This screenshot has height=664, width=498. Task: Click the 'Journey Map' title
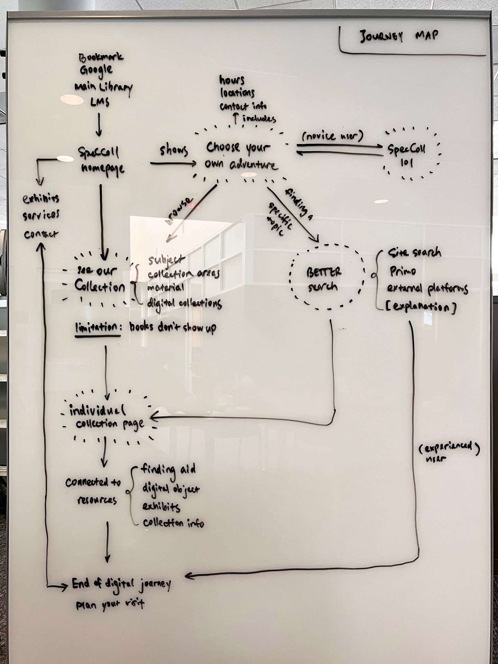399,36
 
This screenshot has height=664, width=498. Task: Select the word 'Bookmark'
101,57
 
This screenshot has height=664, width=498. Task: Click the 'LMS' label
100,102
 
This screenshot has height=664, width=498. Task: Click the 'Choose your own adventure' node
241,156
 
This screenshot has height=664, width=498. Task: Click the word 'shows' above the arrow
174,151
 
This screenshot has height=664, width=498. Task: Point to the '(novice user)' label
333,136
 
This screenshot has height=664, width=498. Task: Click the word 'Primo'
403,271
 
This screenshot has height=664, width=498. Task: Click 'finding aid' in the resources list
168,469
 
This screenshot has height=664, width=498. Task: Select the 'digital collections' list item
184,303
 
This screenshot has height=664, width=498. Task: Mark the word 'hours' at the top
232,80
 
